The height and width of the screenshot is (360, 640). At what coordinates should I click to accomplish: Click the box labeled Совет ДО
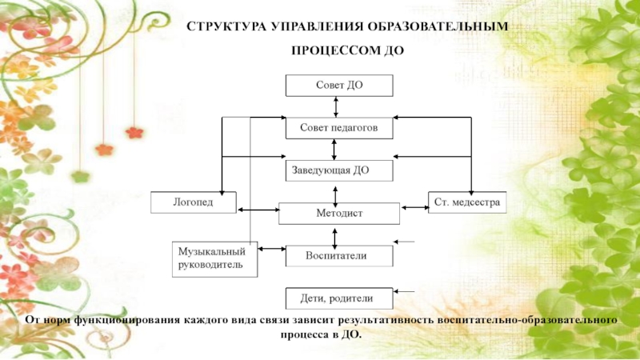[338, 85]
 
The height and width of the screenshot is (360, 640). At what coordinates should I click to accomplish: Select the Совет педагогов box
[338, 127]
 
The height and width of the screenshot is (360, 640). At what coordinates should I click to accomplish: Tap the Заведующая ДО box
[338, 170]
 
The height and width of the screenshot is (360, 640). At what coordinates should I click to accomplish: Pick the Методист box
[338, 213]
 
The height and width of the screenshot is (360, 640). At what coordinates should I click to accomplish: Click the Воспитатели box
[338, 255]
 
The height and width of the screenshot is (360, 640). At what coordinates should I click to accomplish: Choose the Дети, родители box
[338, 298]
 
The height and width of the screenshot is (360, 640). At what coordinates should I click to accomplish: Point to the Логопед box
[194, 202]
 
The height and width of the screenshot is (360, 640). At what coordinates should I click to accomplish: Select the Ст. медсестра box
[467, 202]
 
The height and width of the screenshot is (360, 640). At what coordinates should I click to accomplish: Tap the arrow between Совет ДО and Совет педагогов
[337, 106]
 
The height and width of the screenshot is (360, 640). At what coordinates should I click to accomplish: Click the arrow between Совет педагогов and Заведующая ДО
[334, 148]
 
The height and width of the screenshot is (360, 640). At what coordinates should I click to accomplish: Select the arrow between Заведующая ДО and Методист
[334, 191]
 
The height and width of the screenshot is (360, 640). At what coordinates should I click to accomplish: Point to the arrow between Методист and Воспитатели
[334, 234]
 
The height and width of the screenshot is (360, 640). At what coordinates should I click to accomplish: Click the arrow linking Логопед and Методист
[258, 210]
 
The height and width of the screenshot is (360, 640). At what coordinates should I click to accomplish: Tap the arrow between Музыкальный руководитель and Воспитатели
[272, 250]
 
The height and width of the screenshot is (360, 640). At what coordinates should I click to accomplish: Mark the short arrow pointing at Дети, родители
[405, 291]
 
